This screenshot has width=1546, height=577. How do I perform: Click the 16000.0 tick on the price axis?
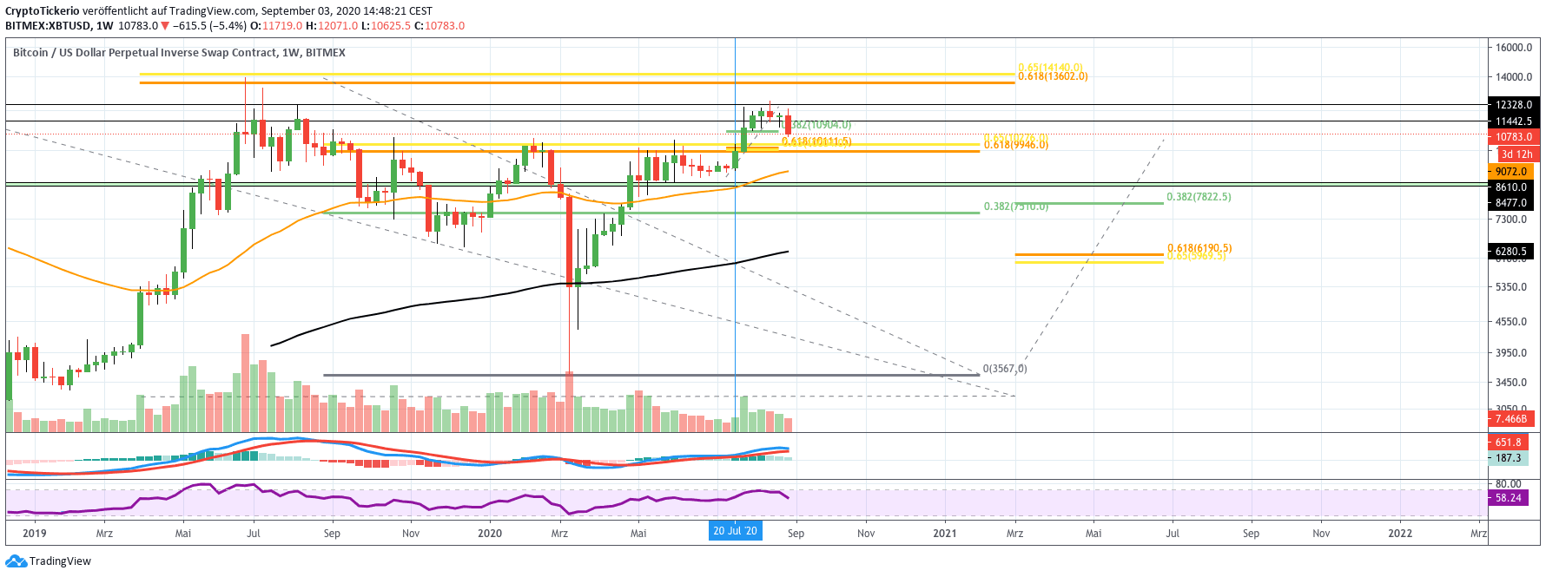click(1513, 48)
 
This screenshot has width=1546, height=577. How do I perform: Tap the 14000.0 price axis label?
click(1513, 77)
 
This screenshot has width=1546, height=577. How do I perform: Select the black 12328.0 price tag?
click(1513, 105)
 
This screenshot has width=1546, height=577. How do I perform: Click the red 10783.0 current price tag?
click(1513, 137)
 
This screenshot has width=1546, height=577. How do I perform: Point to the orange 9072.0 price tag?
click(1510, 172)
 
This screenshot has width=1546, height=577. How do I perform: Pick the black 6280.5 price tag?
click(1510, 252)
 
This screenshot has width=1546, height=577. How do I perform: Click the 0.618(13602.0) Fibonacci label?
click(1053, 76)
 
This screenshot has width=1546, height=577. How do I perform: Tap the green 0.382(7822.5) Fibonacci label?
click(1199, 197)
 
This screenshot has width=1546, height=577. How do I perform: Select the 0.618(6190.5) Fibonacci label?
click(1199, 248)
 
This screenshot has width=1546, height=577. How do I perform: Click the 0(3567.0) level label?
click(1005, 369)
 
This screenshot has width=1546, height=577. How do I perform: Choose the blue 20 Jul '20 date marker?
click(735, 531)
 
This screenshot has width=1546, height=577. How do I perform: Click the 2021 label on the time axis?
click(944, 534)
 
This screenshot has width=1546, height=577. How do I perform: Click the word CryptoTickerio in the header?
click(43, 11)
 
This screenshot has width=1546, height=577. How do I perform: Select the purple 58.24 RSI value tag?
click(1508, 498)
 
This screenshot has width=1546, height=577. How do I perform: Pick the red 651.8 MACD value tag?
click(1508, 443)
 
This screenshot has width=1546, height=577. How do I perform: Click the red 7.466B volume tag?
click(1510, 419)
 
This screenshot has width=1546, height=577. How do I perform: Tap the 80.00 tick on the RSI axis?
click(1508, 484)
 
